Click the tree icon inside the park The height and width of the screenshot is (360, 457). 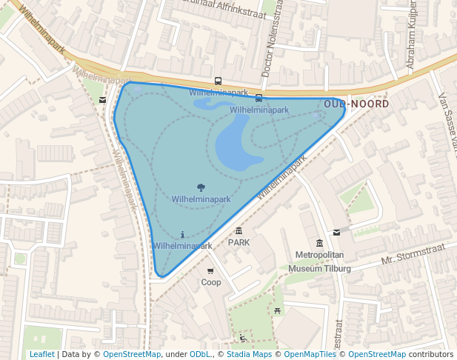pos(201,188)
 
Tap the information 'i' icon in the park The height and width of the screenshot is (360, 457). pos(182,234)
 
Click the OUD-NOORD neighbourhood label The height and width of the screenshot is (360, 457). pos(356,104)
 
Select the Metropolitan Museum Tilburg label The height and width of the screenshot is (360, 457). pos(319,261)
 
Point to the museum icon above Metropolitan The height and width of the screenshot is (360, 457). pos(319,244)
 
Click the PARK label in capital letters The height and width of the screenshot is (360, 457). pos(238,242)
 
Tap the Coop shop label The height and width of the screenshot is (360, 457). pos(211,282)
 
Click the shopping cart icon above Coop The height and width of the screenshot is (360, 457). pos(210,271)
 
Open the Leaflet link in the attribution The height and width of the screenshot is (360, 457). pos(41,354)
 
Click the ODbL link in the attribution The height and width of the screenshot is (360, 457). pos(199,354)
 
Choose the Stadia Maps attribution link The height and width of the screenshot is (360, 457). pos(250,354)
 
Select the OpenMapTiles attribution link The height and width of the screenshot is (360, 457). pos(310,354)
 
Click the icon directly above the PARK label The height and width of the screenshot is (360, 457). pos(238,231)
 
